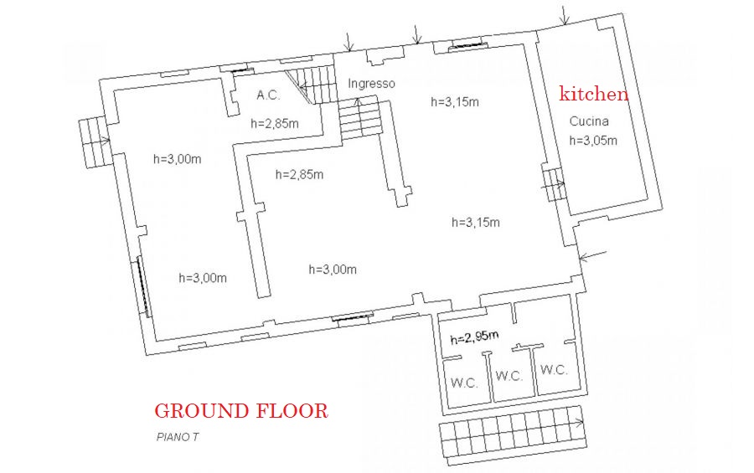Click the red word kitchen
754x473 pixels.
tap(593, 93)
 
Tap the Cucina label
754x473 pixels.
tap(589, 121)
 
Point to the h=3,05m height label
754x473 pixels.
tap(593, 141)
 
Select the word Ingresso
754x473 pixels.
tap(371, 84)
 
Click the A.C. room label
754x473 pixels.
tap(268, 95)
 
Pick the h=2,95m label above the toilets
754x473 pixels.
tap(474, 337)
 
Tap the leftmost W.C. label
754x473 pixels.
tap(464, 383)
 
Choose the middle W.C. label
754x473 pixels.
tap(509, 375)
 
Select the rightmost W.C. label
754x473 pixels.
tap(554, 370)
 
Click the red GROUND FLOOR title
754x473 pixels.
tap(241, 411)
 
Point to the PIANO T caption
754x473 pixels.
tap(178, 437)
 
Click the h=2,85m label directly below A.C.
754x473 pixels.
tap(275, 124)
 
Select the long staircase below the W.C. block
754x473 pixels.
tap(514, 435)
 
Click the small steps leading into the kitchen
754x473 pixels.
tap(554, 183)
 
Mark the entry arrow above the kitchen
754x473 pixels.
tap(565, 15)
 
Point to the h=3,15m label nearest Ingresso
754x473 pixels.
tap(455, 102)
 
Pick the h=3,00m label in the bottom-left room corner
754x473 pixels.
tap(203, 278)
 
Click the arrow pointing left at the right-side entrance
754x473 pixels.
tap(592, 255)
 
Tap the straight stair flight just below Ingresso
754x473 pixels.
tap(359, 118)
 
